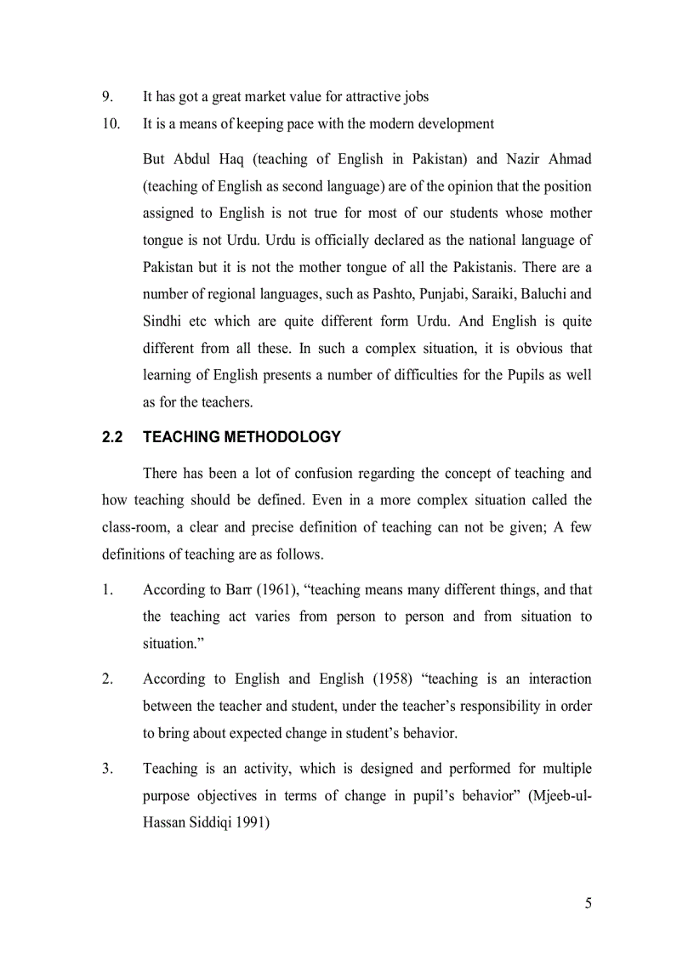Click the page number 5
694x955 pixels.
588,903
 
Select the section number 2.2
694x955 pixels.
112,437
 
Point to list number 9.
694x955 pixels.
106,97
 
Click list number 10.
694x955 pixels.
111,124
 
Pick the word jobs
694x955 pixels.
412,97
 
